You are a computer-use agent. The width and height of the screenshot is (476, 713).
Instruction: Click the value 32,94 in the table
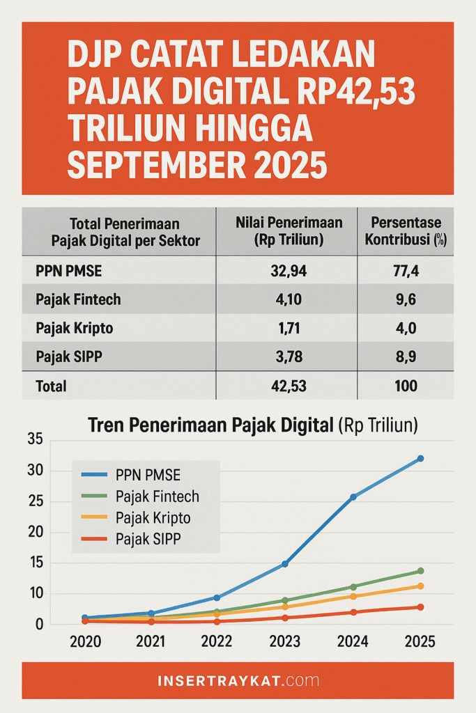(286, 272)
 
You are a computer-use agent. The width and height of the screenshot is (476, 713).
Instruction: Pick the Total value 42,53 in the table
(286, 385)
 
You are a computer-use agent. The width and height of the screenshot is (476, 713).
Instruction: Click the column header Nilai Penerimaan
(286, 231)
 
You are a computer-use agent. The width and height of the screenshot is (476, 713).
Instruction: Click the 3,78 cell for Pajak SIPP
(286, 357)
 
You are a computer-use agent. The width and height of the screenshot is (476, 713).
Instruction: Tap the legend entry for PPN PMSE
(146, 476)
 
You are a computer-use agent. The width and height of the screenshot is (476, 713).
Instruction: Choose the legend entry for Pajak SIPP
(146, 538)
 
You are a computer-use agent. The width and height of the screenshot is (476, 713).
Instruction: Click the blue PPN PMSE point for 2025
(420, 458)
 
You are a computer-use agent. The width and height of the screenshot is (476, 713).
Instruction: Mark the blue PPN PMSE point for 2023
(285, 564)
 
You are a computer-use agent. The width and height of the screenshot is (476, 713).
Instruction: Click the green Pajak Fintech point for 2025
(420, 571)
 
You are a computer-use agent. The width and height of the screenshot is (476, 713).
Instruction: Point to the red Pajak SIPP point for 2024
(353, 612)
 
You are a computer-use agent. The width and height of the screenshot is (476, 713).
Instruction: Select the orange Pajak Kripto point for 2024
(353, 596)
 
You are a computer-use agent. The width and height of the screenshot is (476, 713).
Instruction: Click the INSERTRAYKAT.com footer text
(238, 680)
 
